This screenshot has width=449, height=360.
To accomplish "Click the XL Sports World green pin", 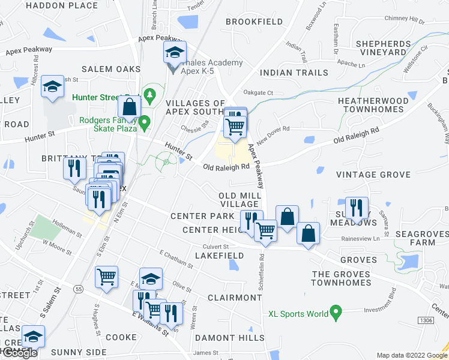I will (x=336, y=313).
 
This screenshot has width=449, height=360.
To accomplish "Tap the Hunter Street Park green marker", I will (x=149, y=95).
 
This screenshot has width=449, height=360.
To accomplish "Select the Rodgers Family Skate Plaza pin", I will (x=143, y=123).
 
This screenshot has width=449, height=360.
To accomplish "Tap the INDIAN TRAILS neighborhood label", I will (x=285, y=73).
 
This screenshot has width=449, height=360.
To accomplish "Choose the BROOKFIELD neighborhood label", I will (x=254, y=22).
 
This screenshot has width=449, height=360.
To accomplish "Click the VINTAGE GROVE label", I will (x=373, y=175).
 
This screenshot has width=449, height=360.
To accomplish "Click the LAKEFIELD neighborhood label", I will (x=219, y=256).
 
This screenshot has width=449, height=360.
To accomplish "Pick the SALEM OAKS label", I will (x=111, y=69).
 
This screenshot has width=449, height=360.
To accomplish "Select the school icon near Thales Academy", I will (x=175, y=52).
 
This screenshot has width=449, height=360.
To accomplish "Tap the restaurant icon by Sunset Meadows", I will (x=357, y=208).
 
